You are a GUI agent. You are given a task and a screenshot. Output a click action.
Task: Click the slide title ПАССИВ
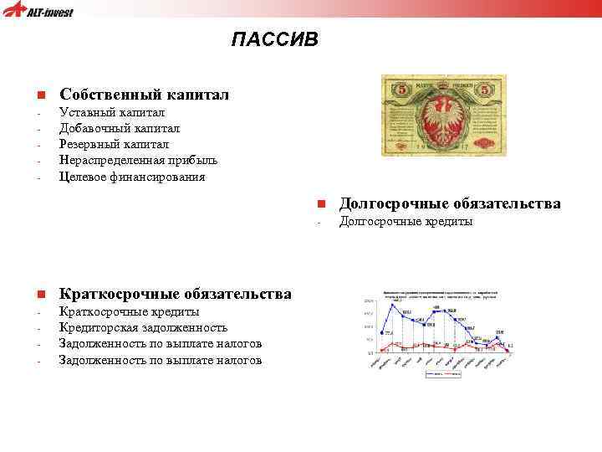(x=275, y=39)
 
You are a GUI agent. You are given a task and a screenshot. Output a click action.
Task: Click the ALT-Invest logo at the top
(x=39, y=12)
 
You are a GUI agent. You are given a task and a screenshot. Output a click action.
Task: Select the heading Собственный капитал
(x=144, y=95)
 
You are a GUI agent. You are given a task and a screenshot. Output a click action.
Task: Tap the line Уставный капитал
(x=112, y=112)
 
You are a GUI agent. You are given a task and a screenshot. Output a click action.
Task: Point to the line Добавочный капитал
(x=119, y=128)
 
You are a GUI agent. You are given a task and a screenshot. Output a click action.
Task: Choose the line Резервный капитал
(x=114, y=145)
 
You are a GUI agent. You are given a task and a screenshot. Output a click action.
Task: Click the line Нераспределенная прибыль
(x=138, y=161)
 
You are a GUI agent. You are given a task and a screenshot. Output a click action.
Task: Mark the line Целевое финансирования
(x=131, y=177)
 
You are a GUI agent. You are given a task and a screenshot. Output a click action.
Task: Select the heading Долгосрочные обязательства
(x=450, y=203)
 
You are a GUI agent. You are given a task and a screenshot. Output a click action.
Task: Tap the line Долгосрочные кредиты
(x=406, y=222)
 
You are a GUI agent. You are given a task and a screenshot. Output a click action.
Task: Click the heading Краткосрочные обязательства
(x=176, y=294)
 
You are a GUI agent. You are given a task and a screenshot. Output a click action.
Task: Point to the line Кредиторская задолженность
(x=143, y=328)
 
